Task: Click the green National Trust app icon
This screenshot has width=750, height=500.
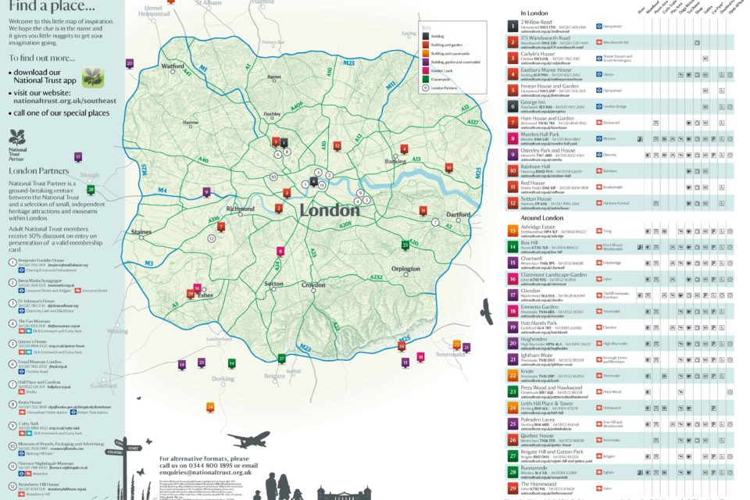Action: (93, 77)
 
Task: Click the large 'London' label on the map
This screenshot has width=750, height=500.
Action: (330, 210)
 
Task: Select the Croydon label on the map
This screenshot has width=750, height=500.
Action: (313, 286)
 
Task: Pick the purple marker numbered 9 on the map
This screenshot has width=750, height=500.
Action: (207, 191)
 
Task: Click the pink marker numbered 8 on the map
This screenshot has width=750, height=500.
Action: (280, 251)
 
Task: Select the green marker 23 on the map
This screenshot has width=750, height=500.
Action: (427, 245)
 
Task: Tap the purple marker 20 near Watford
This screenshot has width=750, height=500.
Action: (130, 63)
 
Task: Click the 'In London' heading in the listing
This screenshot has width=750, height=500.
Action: (536, 14)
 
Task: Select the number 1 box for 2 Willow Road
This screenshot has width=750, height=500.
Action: (512, 26)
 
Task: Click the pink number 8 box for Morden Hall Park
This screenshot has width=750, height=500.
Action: (512, 138)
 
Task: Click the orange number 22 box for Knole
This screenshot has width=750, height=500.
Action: (512, 374)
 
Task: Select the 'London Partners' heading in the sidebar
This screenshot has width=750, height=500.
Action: (37, 170)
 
